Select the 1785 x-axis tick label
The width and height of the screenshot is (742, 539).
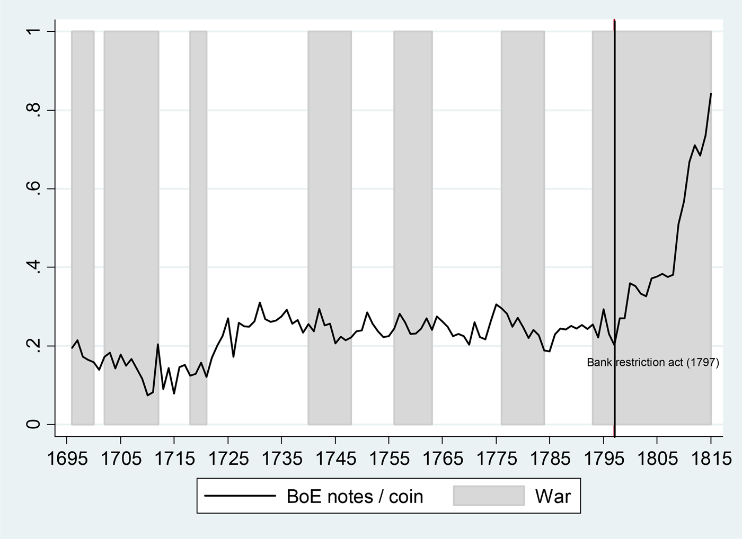click(550, 458)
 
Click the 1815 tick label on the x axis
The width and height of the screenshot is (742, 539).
click(710, 458)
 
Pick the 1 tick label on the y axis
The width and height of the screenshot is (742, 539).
click(34, 32)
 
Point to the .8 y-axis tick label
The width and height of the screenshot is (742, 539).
click(34, 110)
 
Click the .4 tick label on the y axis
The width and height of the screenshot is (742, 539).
click(34, 267)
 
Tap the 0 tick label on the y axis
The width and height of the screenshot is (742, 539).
click(34, 424)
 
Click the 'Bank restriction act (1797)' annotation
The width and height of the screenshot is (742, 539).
click(653, 363)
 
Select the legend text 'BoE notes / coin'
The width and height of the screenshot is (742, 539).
click(355, 496)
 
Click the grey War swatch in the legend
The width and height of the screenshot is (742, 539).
click(488, 496)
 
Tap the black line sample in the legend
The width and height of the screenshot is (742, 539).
click(240, 496)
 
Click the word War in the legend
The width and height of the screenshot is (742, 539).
click(553, 496)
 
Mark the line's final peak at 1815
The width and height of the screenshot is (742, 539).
click(711, 94)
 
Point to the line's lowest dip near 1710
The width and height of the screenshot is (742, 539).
click(147, 395)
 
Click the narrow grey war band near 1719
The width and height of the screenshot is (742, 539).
click(198, 228)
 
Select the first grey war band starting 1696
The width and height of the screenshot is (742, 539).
click(83, 228)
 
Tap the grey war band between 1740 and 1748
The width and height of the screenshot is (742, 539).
click(330, 228)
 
